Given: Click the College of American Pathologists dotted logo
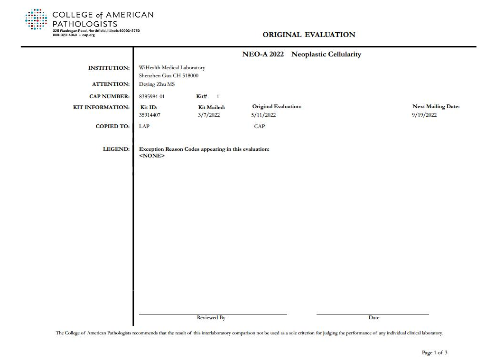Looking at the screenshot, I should pos(36,19).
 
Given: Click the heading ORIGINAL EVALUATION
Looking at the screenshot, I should pos(308,35).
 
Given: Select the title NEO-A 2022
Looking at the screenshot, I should pos(263,55).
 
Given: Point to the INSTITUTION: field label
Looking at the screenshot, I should pos(109,68).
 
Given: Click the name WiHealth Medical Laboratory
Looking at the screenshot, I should pos(172,68).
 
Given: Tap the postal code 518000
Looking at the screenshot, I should pos(190,76).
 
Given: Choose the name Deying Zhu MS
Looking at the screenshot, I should pos(157,84).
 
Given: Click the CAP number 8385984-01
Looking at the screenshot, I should pos(152,97).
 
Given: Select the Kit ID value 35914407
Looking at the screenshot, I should pos(150,115).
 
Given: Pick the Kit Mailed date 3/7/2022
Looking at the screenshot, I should pos(209,115).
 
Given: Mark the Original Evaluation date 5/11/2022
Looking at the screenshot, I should pos(263,115).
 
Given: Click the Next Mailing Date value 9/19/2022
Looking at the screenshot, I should pos(424,115).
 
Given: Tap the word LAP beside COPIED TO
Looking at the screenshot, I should pos(144,127).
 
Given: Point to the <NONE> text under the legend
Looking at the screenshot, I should pos(152,156).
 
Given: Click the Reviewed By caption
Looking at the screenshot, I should pos(211,317).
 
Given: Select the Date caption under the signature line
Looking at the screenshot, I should pos(374,317).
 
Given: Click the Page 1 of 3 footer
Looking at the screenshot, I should pos(434,352).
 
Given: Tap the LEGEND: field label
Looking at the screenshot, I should pos(116,149).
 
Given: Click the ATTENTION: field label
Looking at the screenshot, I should pos(111,84).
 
